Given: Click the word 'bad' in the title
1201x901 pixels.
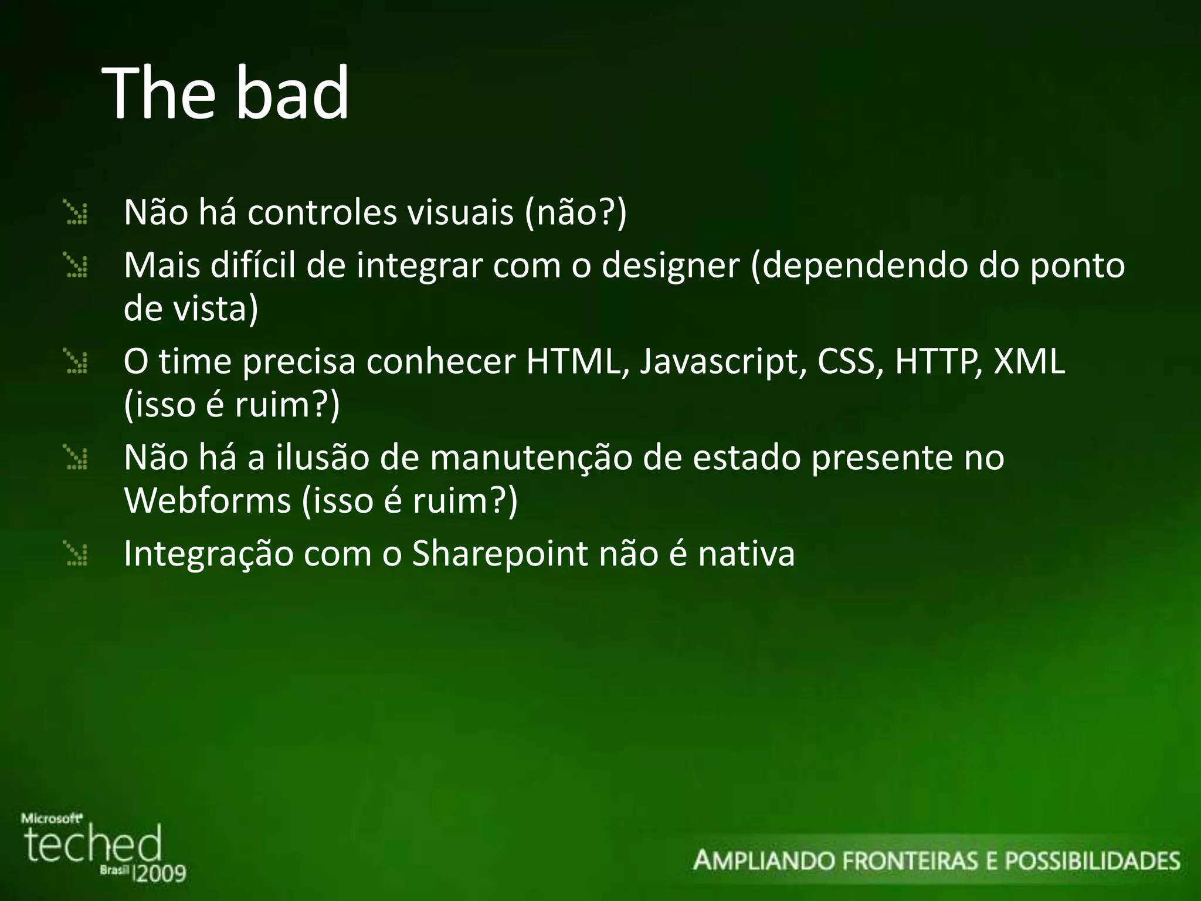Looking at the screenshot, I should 293,94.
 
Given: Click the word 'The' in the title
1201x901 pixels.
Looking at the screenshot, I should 159,94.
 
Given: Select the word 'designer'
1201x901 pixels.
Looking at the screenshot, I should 670,266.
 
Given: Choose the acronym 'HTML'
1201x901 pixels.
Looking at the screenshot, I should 573,361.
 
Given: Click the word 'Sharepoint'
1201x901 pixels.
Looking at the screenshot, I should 500,553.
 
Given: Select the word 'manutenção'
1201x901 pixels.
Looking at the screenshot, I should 531,458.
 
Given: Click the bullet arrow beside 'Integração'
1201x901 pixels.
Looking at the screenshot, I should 76,554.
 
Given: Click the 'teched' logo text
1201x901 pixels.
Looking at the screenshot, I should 93,845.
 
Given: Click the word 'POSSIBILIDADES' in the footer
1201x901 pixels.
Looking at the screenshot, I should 1093,861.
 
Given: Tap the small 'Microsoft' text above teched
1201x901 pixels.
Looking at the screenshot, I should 52,818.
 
